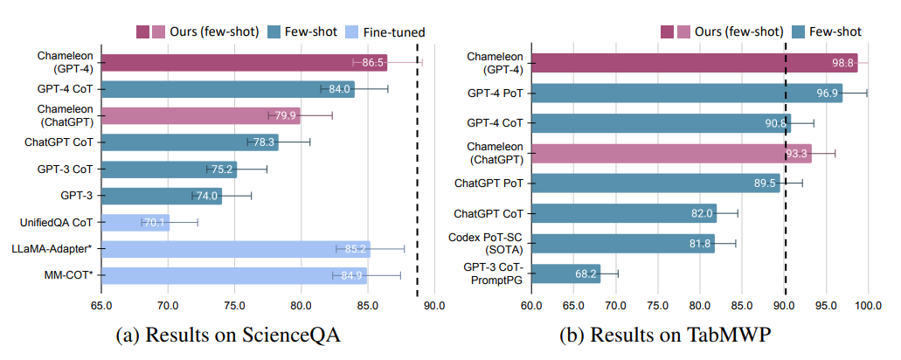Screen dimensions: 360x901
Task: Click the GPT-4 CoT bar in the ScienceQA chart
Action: coord(227,88)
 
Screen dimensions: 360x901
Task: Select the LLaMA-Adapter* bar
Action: coord(235,249)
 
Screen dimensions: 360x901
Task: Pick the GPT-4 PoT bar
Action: coord(687,92)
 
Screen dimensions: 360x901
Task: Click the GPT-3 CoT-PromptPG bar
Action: coord(566,273)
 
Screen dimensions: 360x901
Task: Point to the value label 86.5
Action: coord(373,63)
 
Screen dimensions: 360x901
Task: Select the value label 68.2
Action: coord(586,273)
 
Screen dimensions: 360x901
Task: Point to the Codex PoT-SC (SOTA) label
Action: coord(484,243)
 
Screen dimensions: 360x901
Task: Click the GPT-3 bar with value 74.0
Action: coord(162,196)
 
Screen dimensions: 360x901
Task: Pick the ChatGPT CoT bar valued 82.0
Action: coord(624,212)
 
